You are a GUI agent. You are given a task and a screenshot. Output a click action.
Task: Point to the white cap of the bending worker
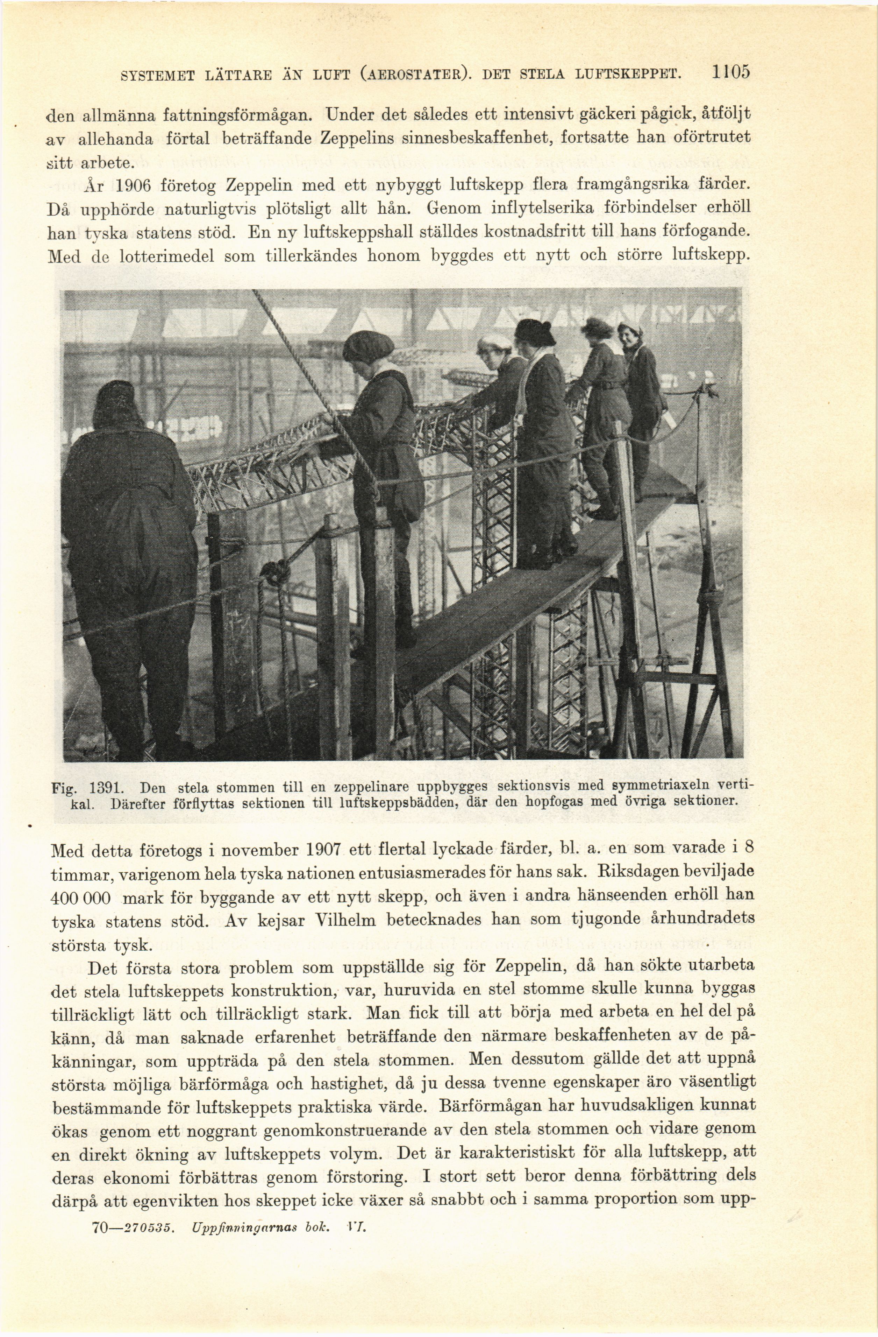[x=494, y=341]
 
